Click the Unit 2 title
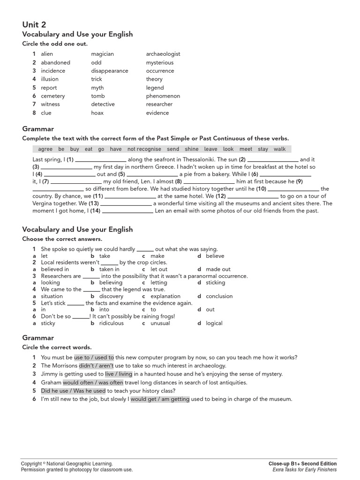[x=34, y=24]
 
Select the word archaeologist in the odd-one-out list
[x=163, y=54]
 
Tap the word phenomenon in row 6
[x=163, y=96]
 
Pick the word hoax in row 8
[x=97, y=113]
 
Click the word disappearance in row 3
[x=109, y=71]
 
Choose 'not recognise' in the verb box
[x=144, y=149]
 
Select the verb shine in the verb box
[x=191, y=149]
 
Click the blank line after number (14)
[x=127, y=211]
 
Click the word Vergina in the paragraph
[x=44, y=203]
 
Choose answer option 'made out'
[x=218, y=270]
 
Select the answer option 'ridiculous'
[x=112, y=323]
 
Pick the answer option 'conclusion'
[x=219, y=296]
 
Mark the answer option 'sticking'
[x=215, y=283]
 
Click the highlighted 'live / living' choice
[x=119, y=374]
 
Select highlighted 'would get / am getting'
[x=160, y=399]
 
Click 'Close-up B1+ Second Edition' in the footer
[x=302, y=464]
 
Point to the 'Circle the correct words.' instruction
[x=57, y=347]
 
